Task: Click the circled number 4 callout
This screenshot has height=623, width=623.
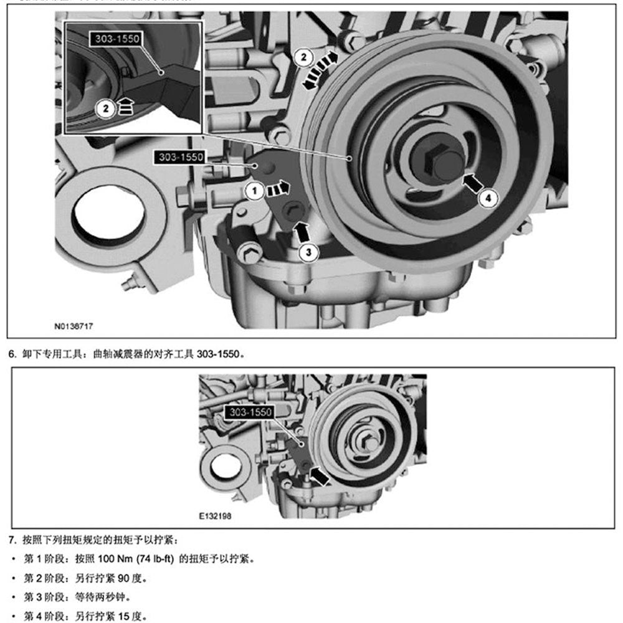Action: pyautogui.click(x=488, y=197)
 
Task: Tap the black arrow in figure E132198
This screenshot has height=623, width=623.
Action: pyautogui.click(x=320, y=477)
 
